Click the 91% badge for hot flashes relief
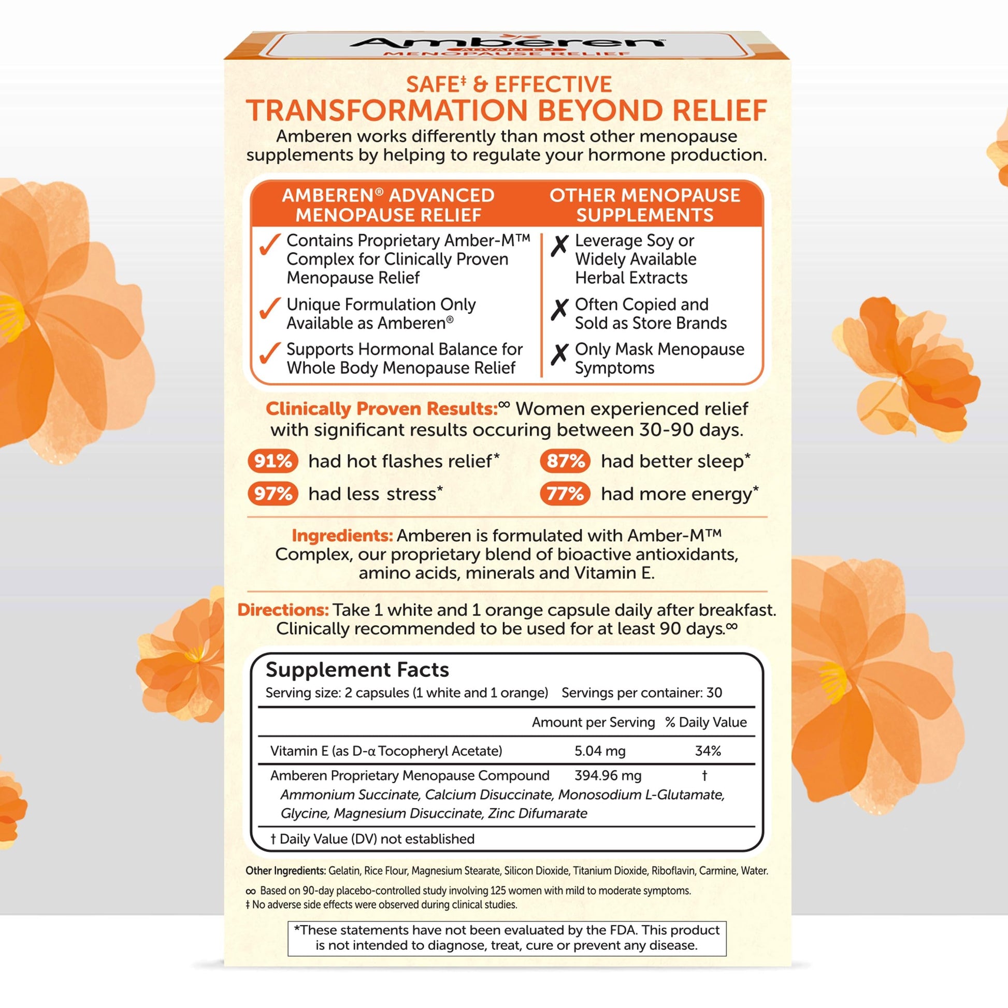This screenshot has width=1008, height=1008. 272,461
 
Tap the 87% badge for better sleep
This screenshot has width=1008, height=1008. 565,461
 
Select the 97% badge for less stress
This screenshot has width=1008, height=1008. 272,494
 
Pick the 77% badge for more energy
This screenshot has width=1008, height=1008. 565,494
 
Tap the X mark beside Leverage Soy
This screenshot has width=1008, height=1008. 559,244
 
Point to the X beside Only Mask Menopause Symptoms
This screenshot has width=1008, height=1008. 559,354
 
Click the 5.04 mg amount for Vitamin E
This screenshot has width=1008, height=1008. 599,751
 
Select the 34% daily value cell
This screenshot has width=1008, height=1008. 708,751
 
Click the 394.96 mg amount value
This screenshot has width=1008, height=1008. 607,775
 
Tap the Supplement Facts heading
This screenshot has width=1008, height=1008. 357,669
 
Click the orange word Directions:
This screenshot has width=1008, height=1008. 283,610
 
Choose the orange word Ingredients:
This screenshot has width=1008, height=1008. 342,535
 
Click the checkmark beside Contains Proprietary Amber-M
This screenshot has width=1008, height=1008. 270,244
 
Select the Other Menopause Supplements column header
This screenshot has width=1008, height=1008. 644,205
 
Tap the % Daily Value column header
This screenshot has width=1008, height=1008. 705,722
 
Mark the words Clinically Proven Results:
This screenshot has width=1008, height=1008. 381,409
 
